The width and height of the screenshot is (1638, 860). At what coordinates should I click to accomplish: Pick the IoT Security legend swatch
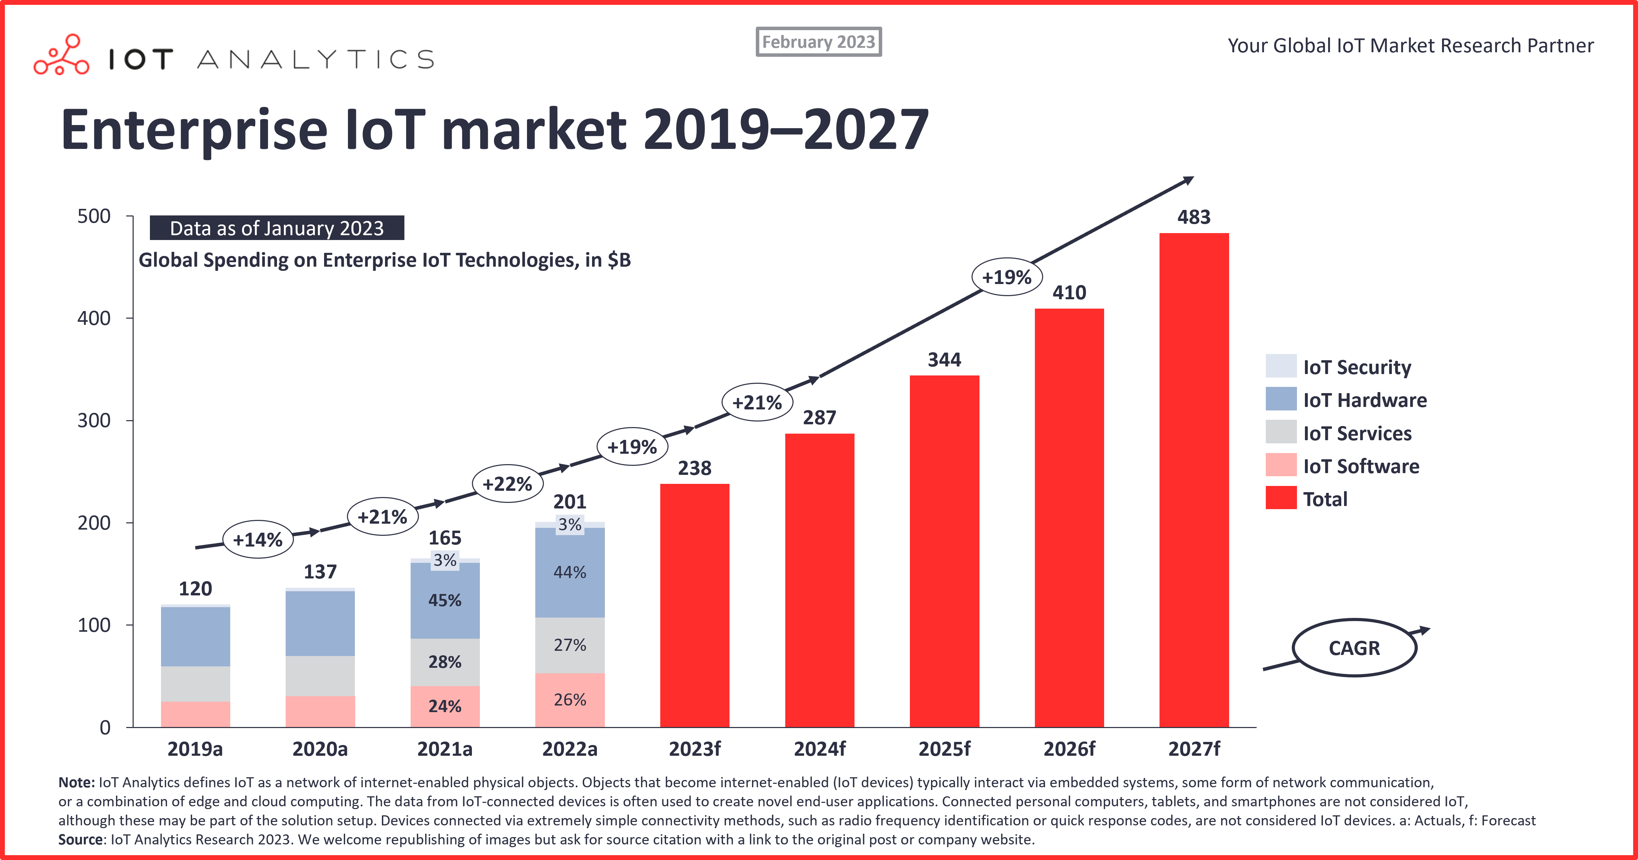click(x=1281, y=366)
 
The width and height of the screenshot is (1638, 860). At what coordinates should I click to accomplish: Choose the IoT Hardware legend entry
click(x=1364, y=400)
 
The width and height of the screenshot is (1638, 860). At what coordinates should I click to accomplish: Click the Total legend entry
click(x=1325, y=499)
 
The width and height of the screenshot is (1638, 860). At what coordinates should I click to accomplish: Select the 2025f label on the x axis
click(x=944, y=749)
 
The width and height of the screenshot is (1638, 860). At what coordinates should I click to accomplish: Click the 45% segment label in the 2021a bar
click(x=445, y=601)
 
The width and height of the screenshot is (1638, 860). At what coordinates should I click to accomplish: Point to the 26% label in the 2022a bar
click(x=570, y=700)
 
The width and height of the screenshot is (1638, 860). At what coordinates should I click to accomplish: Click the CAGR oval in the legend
click(x=1354, y=648)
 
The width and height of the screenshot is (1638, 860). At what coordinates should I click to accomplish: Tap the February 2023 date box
click(x=818, y=42)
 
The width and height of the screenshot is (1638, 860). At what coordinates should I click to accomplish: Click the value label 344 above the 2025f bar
click(x=944, y=360)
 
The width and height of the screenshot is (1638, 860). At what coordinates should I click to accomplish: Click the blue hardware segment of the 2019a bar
click(x=195, y=637)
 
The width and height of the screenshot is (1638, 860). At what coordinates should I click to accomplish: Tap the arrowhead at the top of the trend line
click(x=1188, y=181)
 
